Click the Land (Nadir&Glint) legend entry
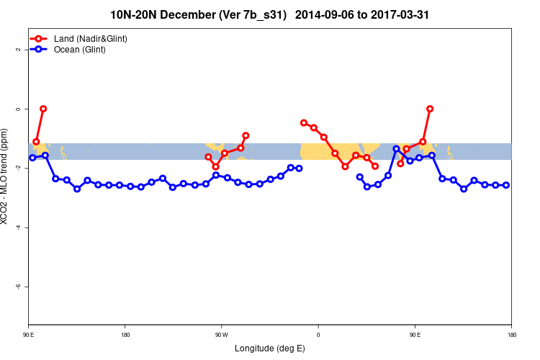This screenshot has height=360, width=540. coord(91,38)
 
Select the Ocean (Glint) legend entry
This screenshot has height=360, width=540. coord(80,50)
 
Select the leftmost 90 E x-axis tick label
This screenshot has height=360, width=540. coord(29,334)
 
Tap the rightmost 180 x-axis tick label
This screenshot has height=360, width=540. coord(511,334)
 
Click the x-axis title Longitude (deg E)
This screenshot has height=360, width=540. coord(269,348)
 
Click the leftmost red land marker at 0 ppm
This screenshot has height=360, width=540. coord(43,109)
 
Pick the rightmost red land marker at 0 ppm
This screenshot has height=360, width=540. coord(430,109)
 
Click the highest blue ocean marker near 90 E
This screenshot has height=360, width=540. coord(396,149)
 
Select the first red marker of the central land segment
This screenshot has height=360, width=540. coord(304,122)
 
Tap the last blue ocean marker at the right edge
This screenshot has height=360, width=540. coord(506,185)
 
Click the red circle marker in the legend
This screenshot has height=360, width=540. coord(42,38)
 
